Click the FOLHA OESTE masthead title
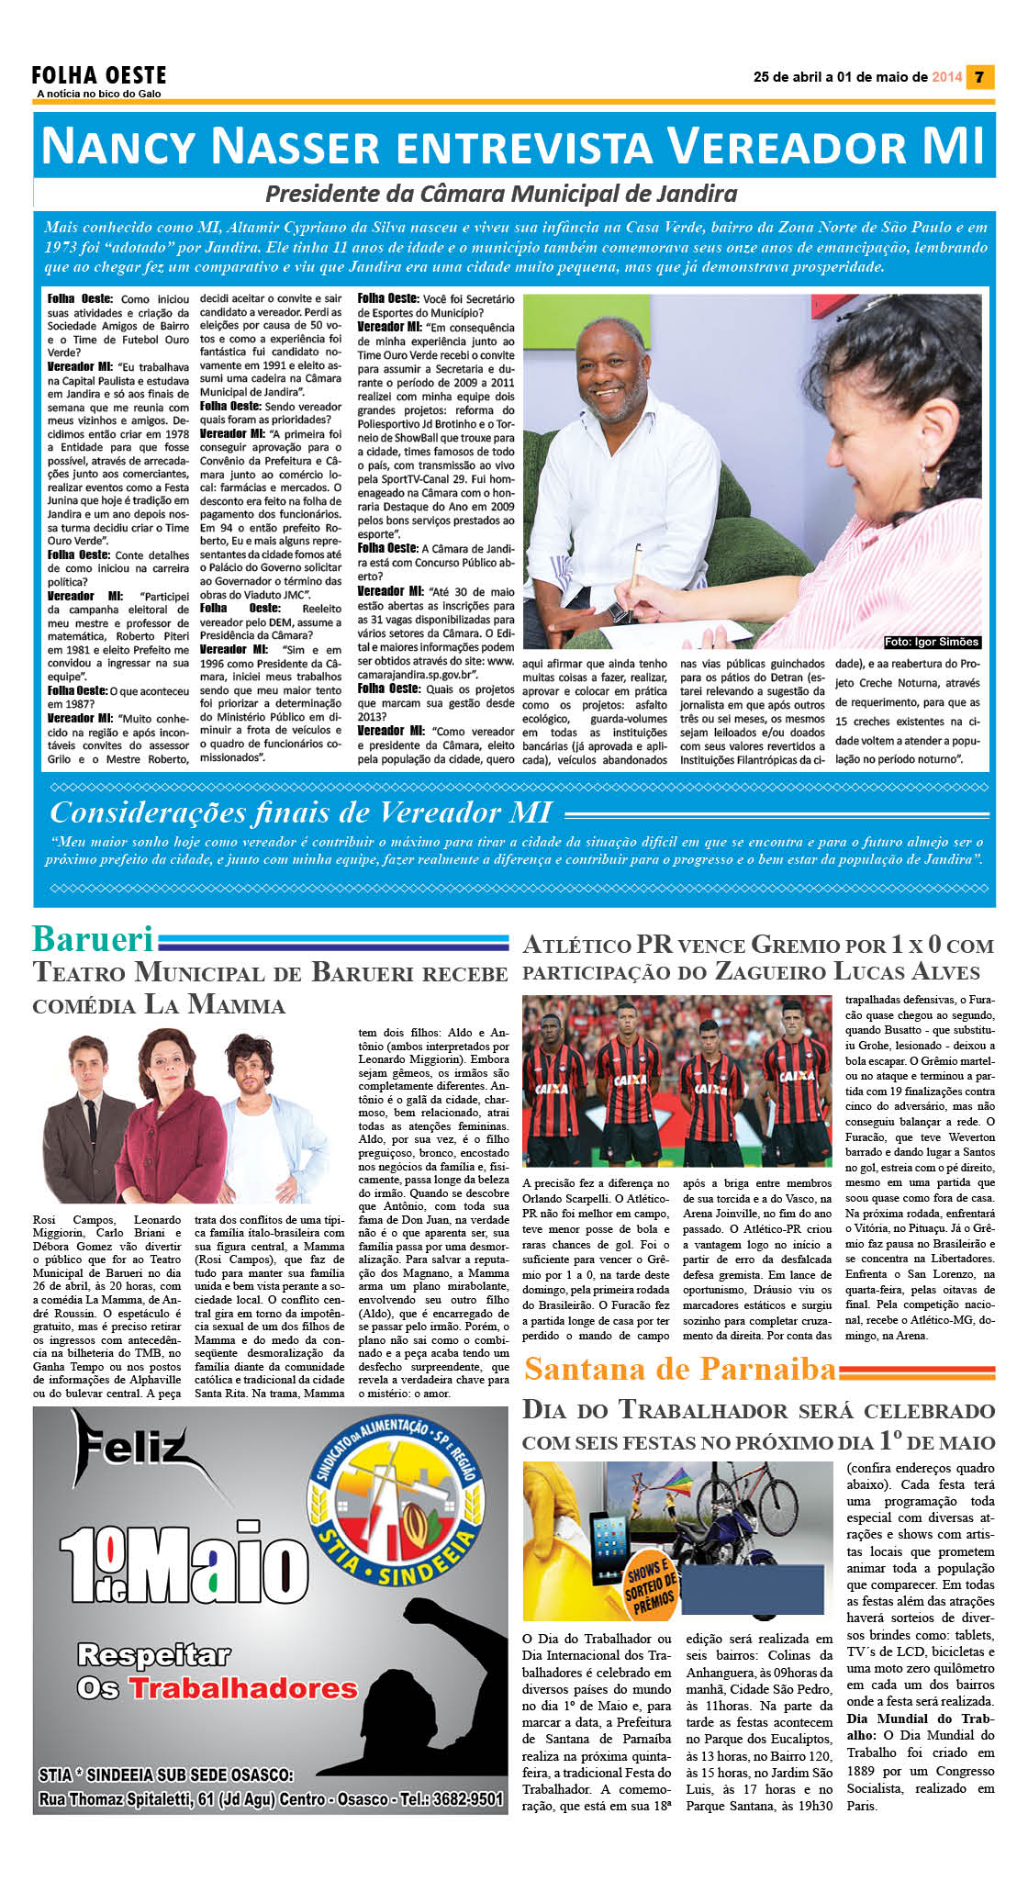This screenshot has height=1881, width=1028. pyautogui.click(x=99, y=75)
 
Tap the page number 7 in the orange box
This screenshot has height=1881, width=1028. pyautogui.click(x=979, y=77)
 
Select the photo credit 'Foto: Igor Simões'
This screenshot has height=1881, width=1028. pyautogui.click(x=932, y=643)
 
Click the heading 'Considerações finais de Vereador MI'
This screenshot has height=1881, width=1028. pyautogui.click(x=301, y=812)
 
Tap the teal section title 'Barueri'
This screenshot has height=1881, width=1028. pyautogui.click(x=93, y=939)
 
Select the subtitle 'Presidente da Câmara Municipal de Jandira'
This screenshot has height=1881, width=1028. pyautogui.click(x=501, y=194)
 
